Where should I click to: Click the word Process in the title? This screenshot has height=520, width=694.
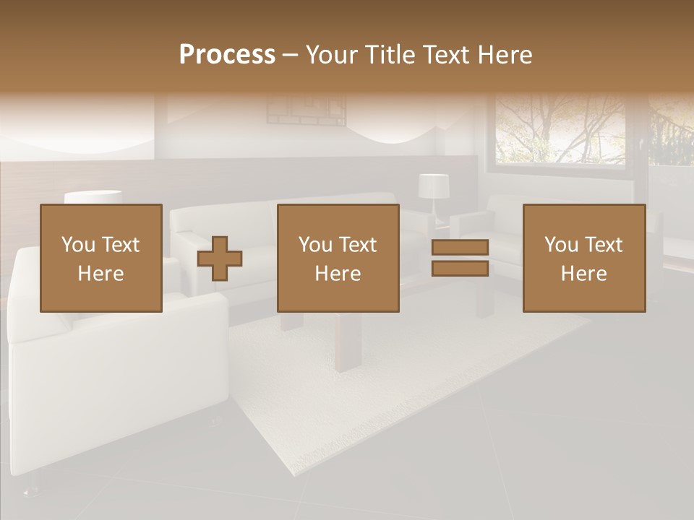coord(227,55)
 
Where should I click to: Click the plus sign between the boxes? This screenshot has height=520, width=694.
coord(220,259)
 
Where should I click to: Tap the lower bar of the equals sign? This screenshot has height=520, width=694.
coord(460,269)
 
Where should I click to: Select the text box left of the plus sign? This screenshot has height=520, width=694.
coord(100,258)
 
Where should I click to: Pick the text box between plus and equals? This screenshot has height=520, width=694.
coord(338,258)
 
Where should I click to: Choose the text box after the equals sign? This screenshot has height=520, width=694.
coord(583,258)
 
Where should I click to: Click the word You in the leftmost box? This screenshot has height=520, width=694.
coord(78,245)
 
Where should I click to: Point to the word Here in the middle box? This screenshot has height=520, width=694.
coord(338,274)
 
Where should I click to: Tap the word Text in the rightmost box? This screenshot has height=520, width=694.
coord(604,245)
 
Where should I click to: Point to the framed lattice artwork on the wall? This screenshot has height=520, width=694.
coord(307,108)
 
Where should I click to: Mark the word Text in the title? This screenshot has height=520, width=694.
coord(443,55)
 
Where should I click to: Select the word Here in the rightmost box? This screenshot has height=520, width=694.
coord(583,274)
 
